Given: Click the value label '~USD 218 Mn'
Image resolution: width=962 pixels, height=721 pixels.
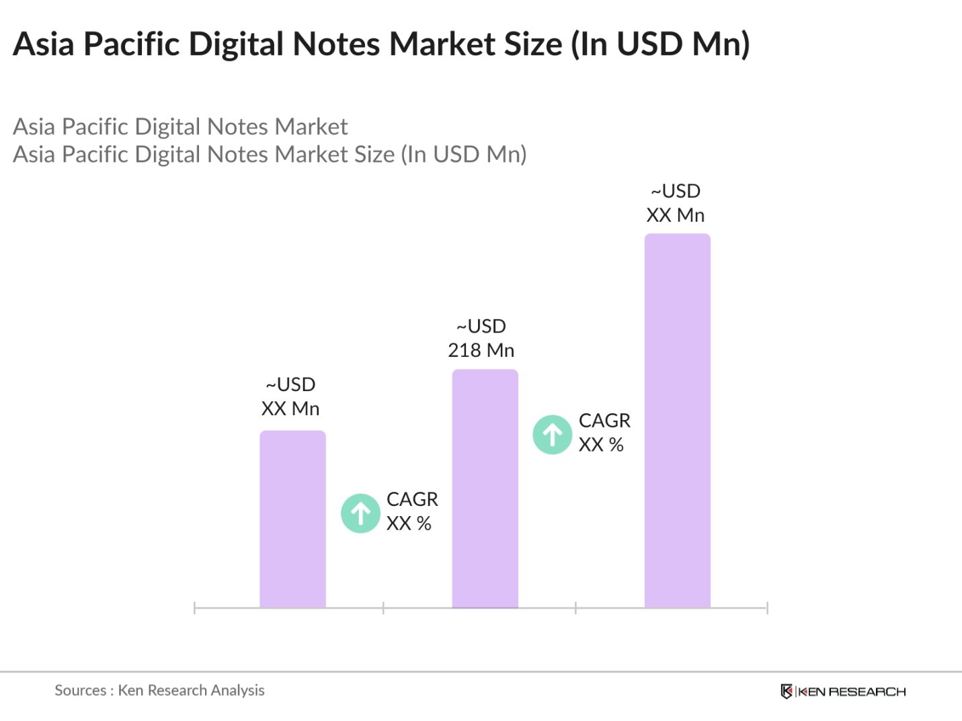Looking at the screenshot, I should pyautogui.click(x=481, y=338).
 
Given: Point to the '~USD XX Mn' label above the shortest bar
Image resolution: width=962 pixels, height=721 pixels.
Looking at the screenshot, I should pyautogui.click(x=290, y=396).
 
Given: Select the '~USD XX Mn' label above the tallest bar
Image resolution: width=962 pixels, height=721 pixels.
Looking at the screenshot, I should pyautogui.click(x=676, y=203).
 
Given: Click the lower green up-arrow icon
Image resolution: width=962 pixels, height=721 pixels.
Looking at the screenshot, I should pyautogui.click(x=361, y=513).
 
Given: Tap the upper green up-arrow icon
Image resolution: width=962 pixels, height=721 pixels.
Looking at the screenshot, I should pyautogui.click(x=553, y=435).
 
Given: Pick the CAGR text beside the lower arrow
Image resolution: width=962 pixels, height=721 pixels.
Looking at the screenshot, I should pyautogui.click(x=411, y=511).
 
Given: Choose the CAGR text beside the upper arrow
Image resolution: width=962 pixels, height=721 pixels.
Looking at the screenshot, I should pyautogui.click(x=604, y=433).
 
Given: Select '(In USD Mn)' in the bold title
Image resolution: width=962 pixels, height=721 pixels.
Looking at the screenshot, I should pyautogui.click(x=660, y=44).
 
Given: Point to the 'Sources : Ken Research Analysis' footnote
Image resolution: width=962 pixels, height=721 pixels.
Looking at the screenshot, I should pyautogui.click(x=159, y=690).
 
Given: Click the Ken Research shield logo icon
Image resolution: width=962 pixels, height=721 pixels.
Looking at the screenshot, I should pyautogui.click(x=786, y=691).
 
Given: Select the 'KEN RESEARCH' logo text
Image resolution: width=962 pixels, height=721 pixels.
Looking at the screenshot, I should pyautogui.click(x=852, y=691).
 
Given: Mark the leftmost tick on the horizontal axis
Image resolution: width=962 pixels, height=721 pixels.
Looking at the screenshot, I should pyautogui.click(x=194, y=608).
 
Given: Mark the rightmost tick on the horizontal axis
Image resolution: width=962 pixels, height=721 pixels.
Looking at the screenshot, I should pyautogui.click(x=767, y=608).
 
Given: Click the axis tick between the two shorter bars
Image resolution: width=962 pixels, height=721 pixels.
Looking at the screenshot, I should pyautogui.click(x=383, y=608).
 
